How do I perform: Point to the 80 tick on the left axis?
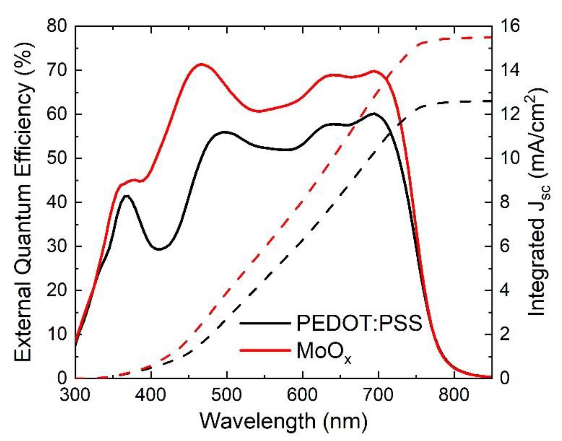tap(60, 27)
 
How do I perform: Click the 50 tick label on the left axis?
tap(60, 159)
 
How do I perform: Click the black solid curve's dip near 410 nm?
tap(159, 249)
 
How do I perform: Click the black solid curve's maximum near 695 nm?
tap(374, 113)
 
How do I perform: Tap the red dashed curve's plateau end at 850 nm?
tap(491, 38)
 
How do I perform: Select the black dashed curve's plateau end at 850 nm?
tap(491, 101)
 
